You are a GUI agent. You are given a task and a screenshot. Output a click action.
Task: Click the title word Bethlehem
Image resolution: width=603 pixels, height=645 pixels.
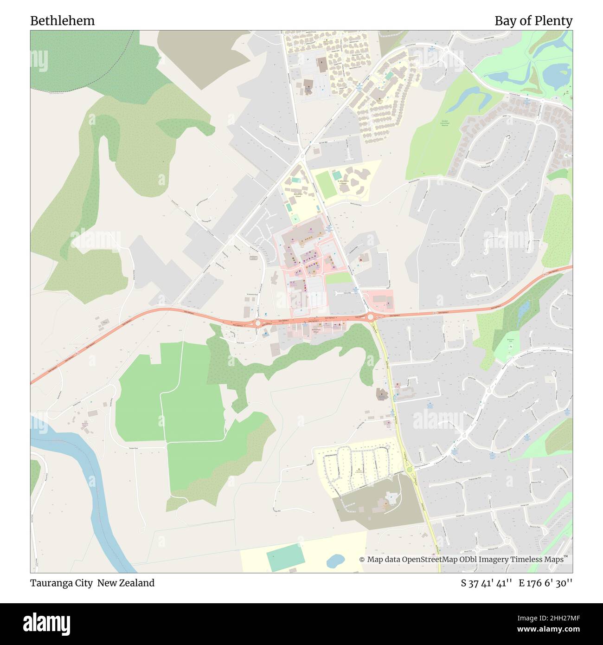pyautogui.click(x=62, y=21)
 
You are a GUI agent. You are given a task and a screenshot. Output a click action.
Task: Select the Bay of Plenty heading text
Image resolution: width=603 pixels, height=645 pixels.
pyautogui.click(x=533, y=21)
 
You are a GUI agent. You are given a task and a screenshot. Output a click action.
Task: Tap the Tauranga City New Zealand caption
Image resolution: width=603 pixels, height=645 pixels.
pyautogui.click(x=92, y=583)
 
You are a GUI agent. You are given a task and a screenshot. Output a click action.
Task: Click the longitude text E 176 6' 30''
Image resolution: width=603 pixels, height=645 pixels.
pyautogui.click(x=545, y=583)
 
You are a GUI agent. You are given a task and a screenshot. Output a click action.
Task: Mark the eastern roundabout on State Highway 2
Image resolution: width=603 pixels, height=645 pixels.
pyautogui.click(x=371, y=317)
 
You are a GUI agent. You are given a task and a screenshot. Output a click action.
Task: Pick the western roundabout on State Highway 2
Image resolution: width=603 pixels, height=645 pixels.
pyautogui.click(x=258, y=323)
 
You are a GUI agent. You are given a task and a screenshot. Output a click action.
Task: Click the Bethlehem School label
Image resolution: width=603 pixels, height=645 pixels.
pyautogui.click(x=298, y=195)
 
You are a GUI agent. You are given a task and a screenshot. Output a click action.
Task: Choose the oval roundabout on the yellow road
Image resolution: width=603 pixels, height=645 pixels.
pyautogui.click(x=409, y=470)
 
